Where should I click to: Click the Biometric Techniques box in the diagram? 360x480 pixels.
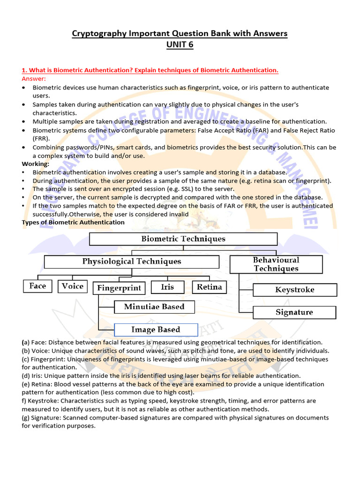183,239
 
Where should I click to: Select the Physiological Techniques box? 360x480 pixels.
131,262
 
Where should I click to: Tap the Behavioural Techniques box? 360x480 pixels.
276,264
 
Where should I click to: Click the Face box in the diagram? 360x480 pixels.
37,286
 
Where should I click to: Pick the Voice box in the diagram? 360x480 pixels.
72,286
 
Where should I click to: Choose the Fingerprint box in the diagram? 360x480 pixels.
119,288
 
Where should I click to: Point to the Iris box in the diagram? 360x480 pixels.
167,287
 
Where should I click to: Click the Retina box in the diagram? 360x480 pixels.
209,287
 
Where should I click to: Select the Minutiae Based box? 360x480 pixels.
154,307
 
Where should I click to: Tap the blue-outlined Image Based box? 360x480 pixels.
156,330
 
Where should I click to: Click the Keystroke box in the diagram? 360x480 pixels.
294,290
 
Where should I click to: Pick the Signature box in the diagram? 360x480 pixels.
294,312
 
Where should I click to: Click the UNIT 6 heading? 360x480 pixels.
180,45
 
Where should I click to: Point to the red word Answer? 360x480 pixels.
34,78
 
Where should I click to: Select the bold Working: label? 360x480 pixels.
36,164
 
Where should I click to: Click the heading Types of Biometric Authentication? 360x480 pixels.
73,222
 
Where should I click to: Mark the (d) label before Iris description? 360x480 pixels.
27,376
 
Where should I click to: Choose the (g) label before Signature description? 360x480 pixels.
27,418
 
